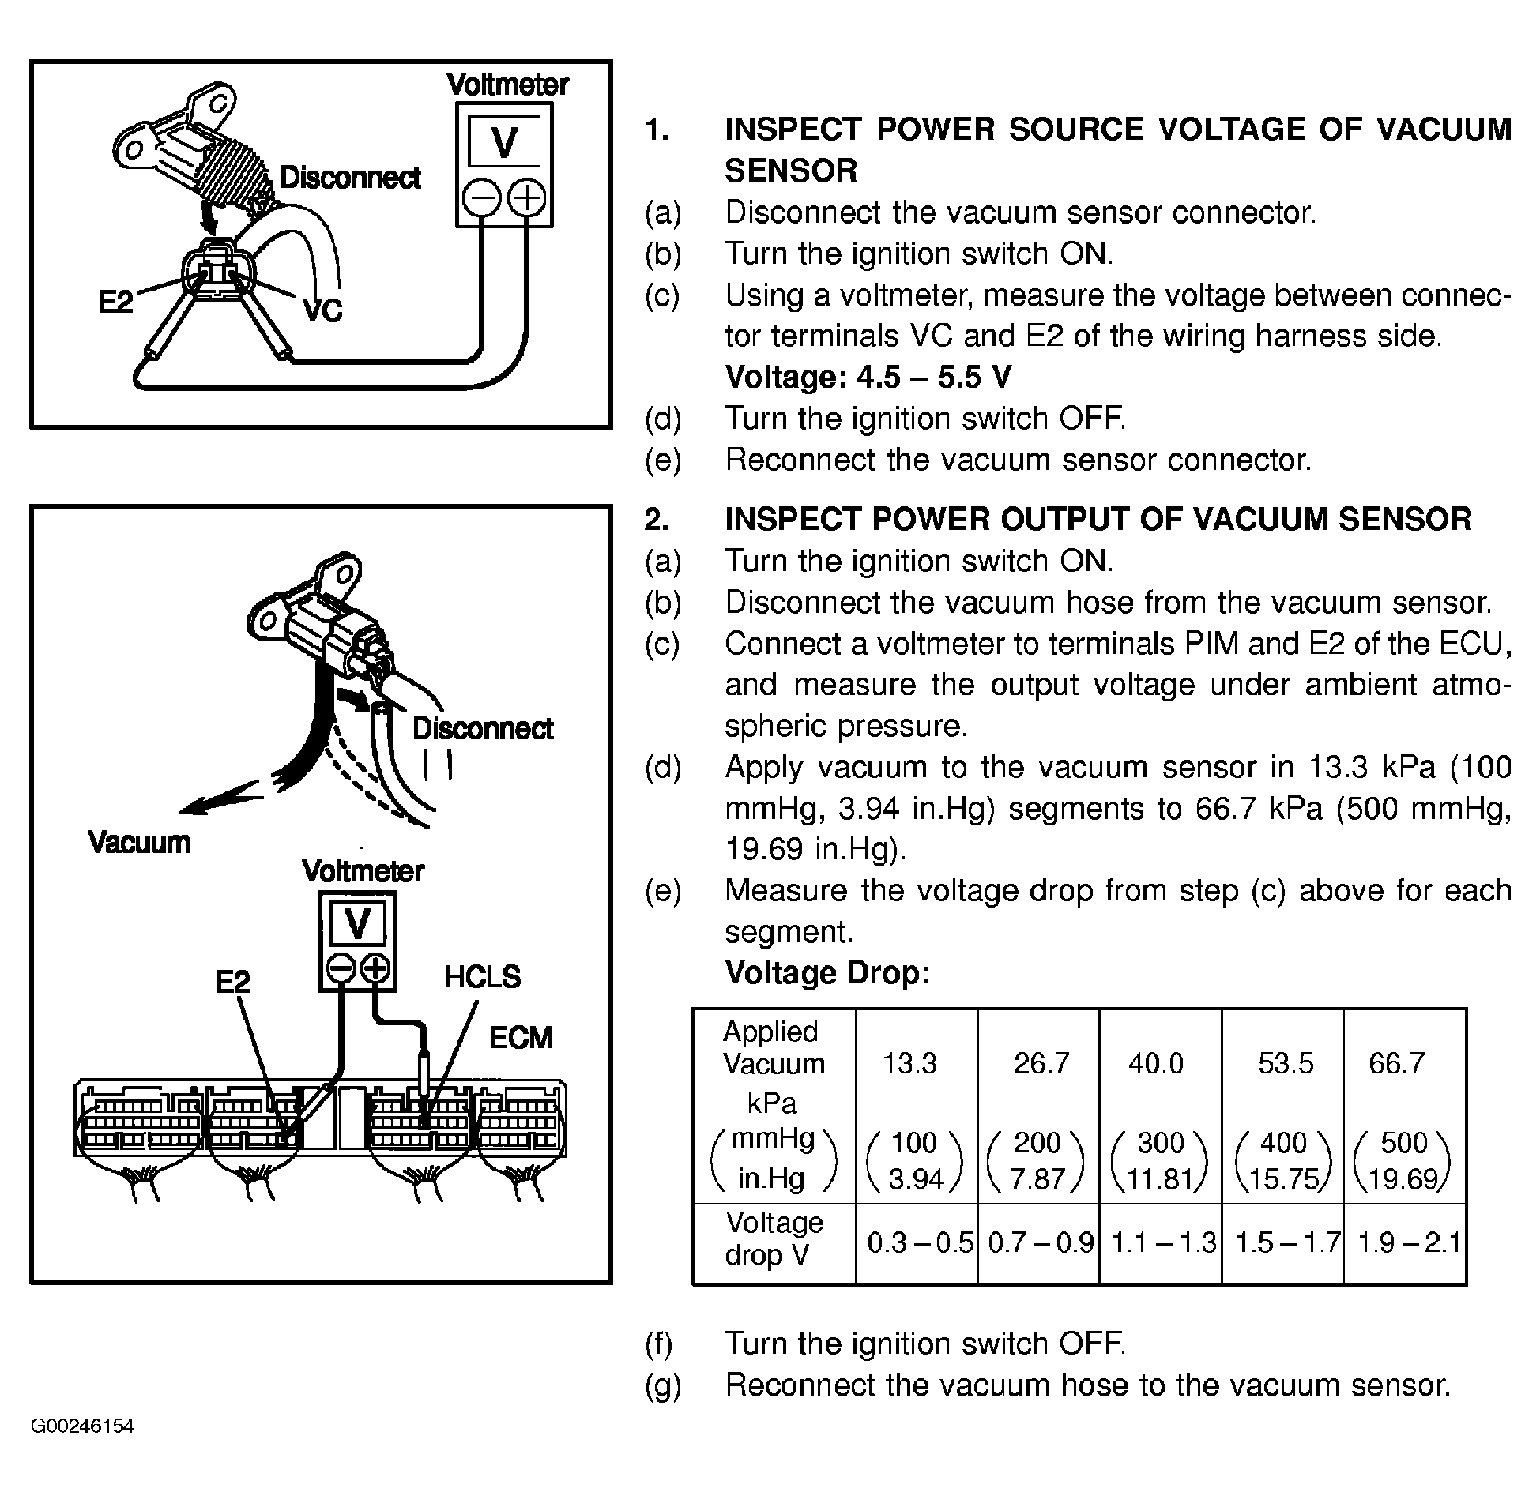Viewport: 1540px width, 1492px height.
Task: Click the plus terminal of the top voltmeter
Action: coord(527,198)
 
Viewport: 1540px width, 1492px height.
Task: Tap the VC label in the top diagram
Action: coord(322,310)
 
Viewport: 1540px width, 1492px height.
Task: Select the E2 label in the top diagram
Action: coord(116,301)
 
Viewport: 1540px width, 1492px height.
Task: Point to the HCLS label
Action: coord(483,978)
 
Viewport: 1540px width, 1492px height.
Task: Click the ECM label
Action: coord(520,1038)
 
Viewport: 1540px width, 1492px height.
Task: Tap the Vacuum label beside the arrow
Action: coord(139,842)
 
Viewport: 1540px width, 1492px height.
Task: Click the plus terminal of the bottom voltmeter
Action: coord(376,968)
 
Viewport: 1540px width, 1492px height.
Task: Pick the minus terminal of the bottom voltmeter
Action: coord(340,968)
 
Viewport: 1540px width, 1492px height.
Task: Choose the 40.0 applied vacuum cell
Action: coord(1156,1063)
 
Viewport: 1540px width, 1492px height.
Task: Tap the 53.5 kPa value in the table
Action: coord(1286,1063)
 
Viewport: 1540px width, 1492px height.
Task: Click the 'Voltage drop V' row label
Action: coord(774,1238)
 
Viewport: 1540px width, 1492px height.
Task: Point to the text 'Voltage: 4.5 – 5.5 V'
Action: coord(868,378)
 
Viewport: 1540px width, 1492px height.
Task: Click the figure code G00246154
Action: coord(83,1426)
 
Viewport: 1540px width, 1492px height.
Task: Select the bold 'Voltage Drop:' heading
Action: coord(827,973)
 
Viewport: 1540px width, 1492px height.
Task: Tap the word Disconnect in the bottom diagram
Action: coord(483,729)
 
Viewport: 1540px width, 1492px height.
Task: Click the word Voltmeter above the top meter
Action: coord(507,85)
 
